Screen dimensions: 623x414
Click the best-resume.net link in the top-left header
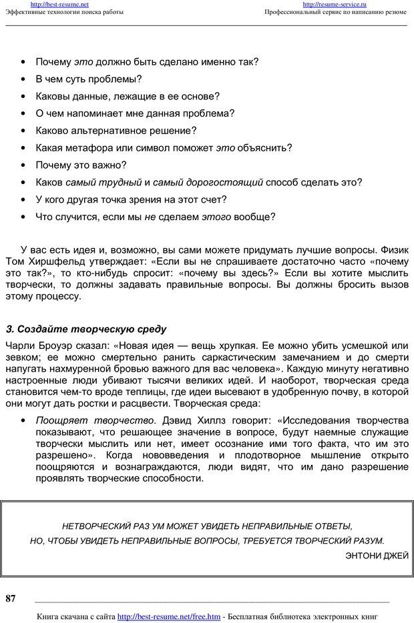tap(59, 4)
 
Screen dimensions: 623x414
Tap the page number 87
tap(11, 598)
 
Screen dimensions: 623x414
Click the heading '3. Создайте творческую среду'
tap(85, 329)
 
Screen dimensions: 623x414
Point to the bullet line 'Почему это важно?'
tap(81, 165)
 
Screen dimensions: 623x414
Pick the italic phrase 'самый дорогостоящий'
tap(208, 182)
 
